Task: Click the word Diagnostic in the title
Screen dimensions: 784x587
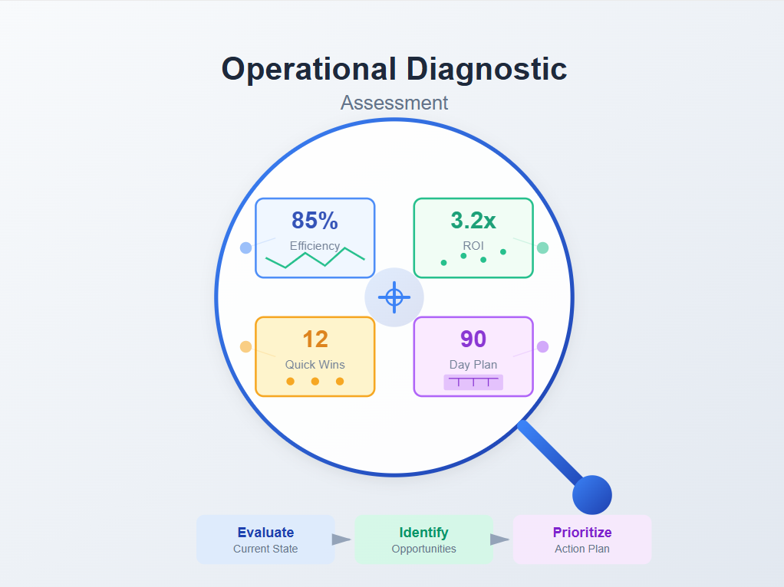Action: tap(486, 69)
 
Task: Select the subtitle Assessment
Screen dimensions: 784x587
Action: tap(394, 103)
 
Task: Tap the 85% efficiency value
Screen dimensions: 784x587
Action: tap(315, 221)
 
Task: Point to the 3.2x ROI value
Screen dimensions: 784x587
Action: tap(473, 221)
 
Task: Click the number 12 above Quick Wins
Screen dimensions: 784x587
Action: tap(315, 339)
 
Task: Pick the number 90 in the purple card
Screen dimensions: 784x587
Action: tap(473, 339)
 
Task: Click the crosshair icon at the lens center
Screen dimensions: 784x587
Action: tap(394, 297)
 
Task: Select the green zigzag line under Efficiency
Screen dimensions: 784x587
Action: tap(315, 258)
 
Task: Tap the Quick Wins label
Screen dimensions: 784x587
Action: tap(315, 365)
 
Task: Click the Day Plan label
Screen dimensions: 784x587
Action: tap(473, 365)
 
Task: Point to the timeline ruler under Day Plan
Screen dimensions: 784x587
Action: tap(473, 381)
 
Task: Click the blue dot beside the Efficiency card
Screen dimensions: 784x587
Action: tap(245, 248)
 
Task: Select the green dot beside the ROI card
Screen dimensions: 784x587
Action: tap(542, 248)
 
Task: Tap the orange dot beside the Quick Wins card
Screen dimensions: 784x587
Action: tap(245, 346)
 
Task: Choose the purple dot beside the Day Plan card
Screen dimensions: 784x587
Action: tap(542, 346)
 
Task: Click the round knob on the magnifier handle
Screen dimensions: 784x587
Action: tap(591, 495)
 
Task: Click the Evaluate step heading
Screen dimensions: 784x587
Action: tap(265, 533)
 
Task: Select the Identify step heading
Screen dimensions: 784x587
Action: tap(423, 533)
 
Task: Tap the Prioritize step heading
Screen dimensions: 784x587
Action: tap(581, 533)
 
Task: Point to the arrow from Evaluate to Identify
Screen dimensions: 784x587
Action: tap(341, 539)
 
